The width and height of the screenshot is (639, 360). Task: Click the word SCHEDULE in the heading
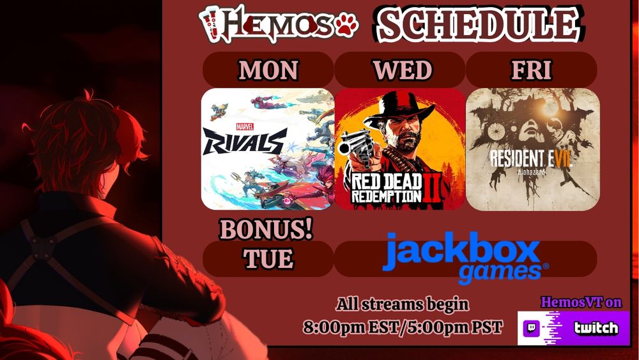pos(479,24)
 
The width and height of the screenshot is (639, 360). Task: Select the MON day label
pos(268,70)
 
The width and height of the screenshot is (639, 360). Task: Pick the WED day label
pos(402,70)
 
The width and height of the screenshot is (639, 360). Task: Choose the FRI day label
pos(532,70)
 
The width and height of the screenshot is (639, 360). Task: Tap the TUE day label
pos(268,258)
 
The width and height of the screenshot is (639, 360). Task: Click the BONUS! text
pos(266,229)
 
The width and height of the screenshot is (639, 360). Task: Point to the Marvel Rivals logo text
pos(245,141)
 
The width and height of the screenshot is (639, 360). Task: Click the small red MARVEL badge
pos(245,127)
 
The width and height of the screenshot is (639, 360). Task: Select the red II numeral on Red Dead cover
pos(433,188)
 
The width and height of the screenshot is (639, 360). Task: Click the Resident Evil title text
pos(530,159)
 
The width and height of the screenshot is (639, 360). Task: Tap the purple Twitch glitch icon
pos(532,328)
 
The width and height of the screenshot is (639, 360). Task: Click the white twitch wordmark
pos(596,328)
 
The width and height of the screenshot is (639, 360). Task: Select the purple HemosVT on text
pos(581,302)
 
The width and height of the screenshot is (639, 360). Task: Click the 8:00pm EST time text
pos(350,327)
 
